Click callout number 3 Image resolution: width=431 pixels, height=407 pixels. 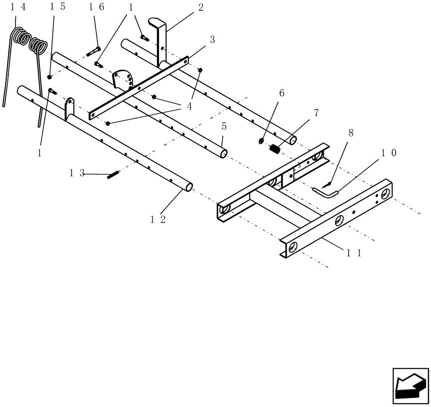click(212, 39)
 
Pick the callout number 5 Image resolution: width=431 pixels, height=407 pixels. click(224, 127)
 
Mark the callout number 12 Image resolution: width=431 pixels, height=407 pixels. click(158, 219)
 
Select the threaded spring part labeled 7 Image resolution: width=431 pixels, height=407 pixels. click(275, 150)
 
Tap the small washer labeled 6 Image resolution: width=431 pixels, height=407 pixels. click(262, 141)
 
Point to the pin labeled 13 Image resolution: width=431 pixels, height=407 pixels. click(113, 175)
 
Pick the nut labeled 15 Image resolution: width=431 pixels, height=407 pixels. click(50, 77)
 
